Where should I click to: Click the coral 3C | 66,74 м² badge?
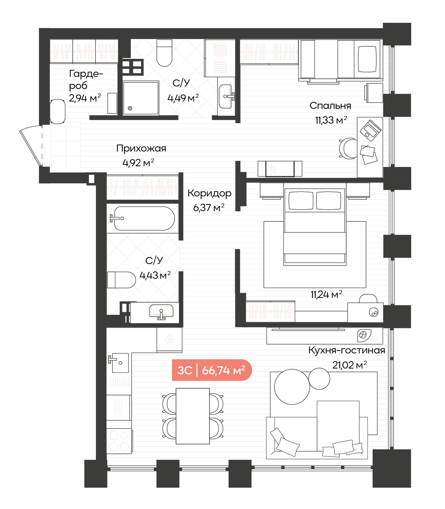pyautogui.click(x=212, y=370)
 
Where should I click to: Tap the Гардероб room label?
pyautogui.click(x=86, y=79)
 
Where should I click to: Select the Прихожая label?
pyautogui.click(x=141, y=149)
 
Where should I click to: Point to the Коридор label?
pyautogui.click(x=209, y=193)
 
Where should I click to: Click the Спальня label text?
pyautogui.click(x=330, y=106)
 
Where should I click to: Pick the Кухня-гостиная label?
pyautogui.click(x=347, y=350)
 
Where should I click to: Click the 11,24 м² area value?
pyautogui.click(x=326, y=295)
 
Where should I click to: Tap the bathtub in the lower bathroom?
pyautogui.click(x=143, y=218)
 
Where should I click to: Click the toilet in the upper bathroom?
pyautogui.click(x=164, y=53)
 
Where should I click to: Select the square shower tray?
pyautogui.click(x=141, y=98)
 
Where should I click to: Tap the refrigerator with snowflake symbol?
pyautogui.click(x=169, y=340)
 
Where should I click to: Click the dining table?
pyautogui.click(x=193, y=416)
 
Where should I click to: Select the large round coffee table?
pyautogui.click(x=292, y=387)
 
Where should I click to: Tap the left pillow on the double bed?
pyautogui.click(x=301, y=200)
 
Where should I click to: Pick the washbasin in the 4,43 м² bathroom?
pyautogui.click(x=161, y=312)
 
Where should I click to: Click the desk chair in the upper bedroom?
pyautogui.click(x=348, y=149)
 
